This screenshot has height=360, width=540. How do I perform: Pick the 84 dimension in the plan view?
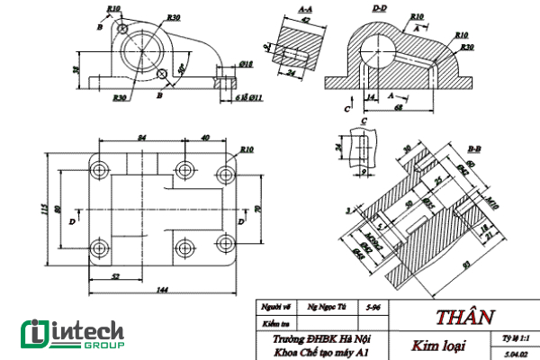pos(140,137)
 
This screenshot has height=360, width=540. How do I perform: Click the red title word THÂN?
pos(465,317)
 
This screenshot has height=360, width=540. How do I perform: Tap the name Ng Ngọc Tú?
pos(326,307)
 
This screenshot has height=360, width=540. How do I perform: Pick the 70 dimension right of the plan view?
pos(258,210)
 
